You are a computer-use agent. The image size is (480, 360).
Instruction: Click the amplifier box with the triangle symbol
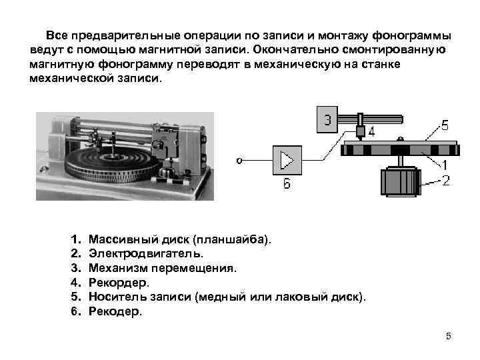coord(287,161)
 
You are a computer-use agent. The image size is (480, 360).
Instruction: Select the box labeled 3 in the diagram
coord(327,121)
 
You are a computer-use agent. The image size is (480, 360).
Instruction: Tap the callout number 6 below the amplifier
coord(287,184)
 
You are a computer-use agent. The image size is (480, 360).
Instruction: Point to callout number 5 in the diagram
coord(445,124)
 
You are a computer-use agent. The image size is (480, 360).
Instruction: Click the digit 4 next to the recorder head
coord(371,132)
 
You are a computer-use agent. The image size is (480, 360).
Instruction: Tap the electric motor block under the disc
coord(399,181)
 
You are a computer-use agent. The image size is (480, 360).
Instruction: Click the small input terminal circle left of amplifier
coord(239,160)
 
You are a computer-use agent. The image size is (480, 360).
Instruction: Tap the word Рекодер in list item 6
coord(115,312)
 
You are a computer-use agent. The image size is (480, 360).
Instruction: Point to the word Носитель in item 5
coord(116,297)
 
